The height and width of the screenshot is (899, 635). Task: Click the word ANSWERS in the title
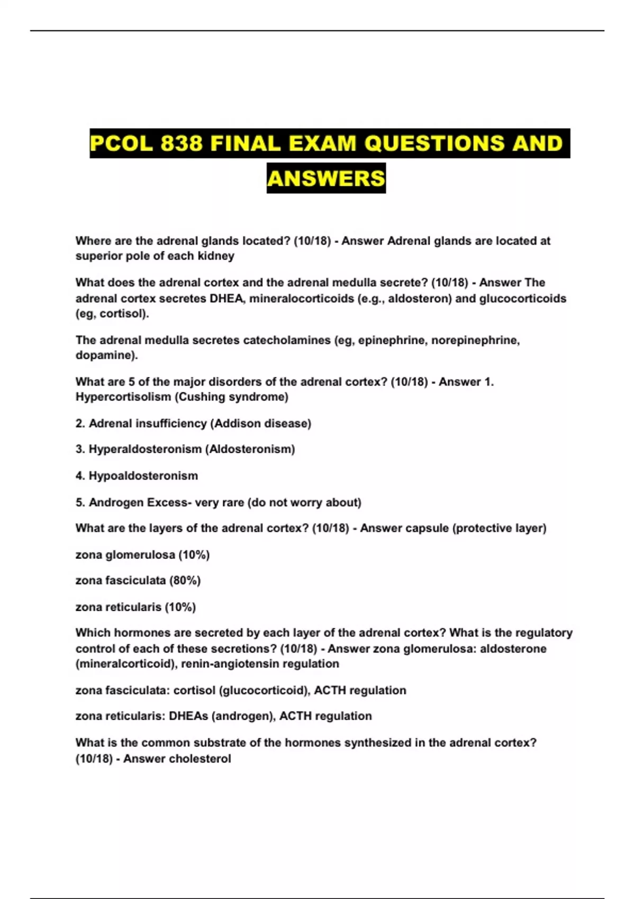pos(326,178)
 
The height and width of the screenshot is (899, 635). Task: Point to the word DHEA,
pos(228,298)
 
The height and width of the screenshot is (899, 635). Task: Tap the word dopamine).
pos(106,355)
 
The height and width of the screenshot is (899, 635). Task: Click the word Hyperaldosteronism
pos(145,449)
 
